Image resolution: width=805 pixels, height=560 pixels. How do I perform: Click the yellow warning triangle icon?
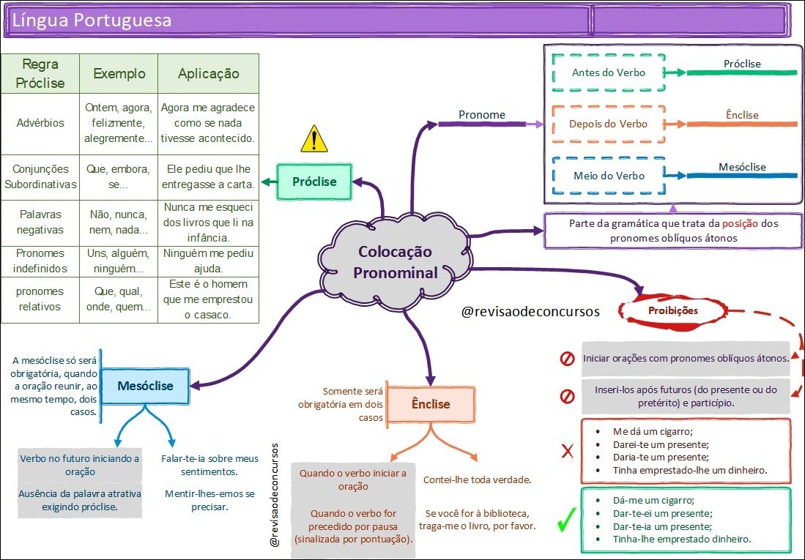click(x=314, y=138)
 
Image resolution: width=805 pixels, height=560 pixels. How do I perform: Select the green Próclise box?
click(x=314, y=182)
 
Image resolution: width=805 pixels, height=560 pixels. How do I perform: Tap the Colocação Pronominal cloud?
click(x=395, y=262)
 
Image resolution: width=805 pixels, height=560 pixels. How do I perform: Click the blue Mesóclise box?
click(x=145, y=386)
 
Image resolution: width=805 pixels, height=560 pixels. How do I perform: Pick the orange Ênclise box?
click(x=431, y=404)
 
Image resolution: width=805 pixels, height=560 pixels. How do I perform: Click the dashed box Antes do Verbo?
click(x=609, y=72)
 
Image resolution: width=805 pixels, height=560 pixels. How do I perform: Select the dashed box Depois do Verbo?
click(x=609, y=124)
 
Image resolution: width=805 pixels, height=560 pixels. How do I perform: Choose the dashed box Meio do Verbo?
click(x=609, y=176)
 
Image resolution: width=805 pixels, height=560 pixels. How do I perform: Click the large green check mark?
click(x=565, y=521)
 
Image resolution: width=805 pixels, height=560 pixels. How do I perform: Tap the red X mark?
click(x=567, y=451)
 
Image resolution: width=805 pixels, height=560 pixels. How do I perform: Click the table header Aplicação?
click(x=209, y=74)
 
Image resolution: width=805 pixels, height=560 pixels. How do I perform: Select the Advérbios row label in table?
click(x=40, y=123)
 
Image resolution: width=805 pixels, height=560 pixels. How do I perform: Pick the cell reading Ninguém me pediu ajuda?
click(x=209, y=261)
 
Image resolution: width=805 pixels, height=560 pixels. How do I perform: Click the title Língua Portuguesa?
click(x=92, y=20)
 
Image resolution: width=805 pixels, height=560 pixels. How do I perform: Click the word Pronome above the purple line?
click(x=481, y=114)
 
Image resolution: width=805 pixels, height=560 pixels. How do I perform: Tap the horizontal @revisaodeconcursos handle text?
click(x=530, y=311)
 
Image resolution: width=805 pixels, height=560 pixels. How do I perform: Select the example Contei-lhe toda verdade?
click(x=477, y=479)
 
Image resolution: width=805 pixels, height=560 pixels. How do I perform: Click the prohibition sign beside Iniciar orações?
click(x=567, y=359)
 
